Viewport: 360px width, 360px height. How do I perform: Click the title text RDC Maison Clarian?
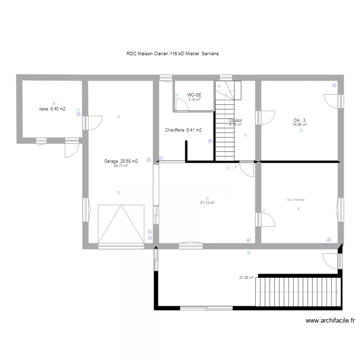(172, 54)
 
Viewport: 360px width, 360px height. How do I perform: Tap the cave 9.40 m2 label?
(52, 109)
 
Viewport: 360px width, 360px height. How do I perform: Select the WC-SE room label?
(194, 95)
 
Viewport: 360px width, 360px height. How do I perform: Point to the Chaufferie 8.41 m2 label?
(183, 130)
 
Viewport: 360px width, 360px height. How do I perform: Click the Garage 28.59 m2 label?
(120, 161)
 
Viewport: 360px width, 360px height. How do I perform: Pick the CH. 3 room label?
(300, 120)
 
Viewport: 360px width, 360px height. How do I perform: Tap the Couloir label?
(235, 120)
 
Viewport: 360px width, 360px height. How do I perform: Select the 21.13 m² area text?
(207, 203)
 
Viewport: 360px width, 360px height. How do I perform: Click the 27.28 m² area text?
(246, 277)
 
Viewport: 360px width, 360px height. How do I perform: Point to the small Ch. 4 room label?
(296, 200)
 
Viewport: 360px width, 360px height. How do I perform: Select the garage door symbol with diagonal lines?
(121, 224)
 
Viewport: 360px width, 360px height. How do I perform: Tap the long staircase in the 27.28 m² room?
(299, 291)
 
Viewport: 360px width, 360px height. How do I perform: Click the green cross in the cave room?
(54, 103)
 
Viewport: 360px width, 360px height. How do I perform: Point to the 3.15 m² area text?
(194, 100)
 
